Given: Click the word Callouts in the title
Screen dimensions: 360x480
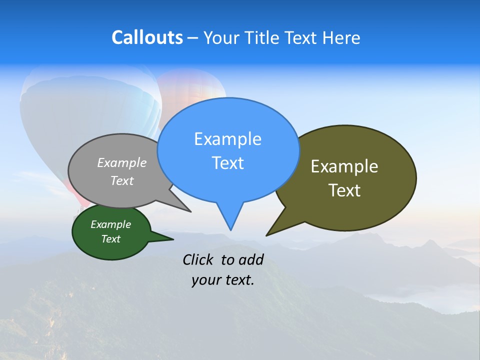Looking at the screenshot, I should (x=147, y=37).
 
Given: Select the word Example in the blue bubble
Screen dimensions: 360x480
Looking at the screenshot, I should (x=227, y=139).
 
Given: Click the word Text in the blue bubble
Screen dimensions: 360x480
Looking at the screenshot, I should (x=227, y=163).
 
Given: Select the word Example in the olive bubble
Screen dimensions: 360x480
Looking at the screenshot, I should (x=344, y=166).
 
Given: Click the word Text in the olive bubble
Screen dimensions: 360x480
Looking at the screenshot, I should (x=344, y=190).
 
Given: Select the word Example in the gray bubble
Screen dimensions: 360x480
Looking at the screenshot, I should (x=122, y=163).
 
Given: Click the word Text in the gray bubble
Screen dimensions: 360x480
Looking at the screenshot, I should (x=122, y=181).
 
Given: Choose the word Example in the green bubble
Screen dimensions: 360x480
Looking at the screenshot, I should (x=110, y=224).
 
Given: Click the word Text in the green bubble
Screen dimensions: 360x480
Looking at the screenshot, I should (x=110, y=239).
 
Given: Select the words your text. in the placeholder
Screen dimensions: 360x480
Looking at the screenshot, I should (x=222, y=280).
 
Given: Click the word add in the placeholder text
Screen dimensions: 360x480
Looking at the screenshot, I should (x=250, y=259).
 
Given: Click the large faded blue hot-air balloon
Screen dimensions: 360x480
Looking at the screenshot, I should (x=90, y=115).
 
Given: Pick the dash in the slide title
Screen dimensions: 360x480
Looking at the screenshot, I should (x=193, y=38).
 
